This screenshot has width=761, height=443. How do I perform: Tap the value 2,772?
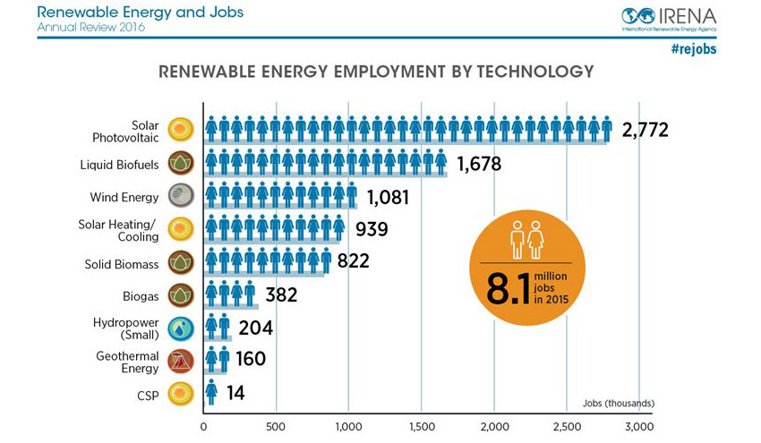click(646, 131)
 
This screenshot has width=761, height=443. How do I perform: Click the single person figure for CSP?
click(212, 392)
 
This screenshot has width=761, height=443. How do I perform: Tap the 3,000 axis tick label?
click(638, 427)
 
